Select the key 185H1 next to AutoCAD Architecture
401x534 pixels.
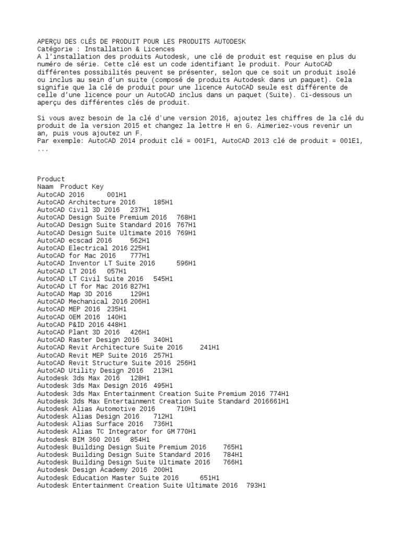[164, 202]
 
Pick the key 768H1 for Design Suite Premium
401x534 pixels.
[187, 217]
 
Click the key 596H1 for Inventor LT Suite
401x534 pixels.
[187, 263]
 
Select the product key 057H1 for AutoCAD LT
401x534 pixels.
[117, 271]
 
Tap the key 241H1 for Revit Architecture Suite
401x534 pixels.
[210, 347]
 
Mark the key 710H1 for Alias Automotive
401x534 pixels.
[187, 409]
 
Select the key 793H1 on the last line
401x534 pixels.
[256, 486]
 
